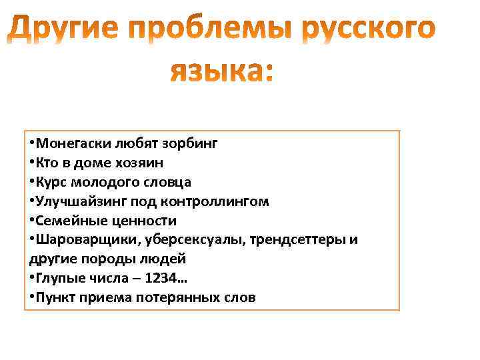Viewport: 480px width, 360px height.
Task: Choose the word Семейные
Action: [x=67, y=220]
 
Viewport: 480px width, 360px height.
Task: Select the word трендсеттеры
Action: [x=288, y=239]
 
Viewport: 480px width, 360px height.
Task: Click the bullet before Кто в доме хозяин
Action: [x=32, y=162]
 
